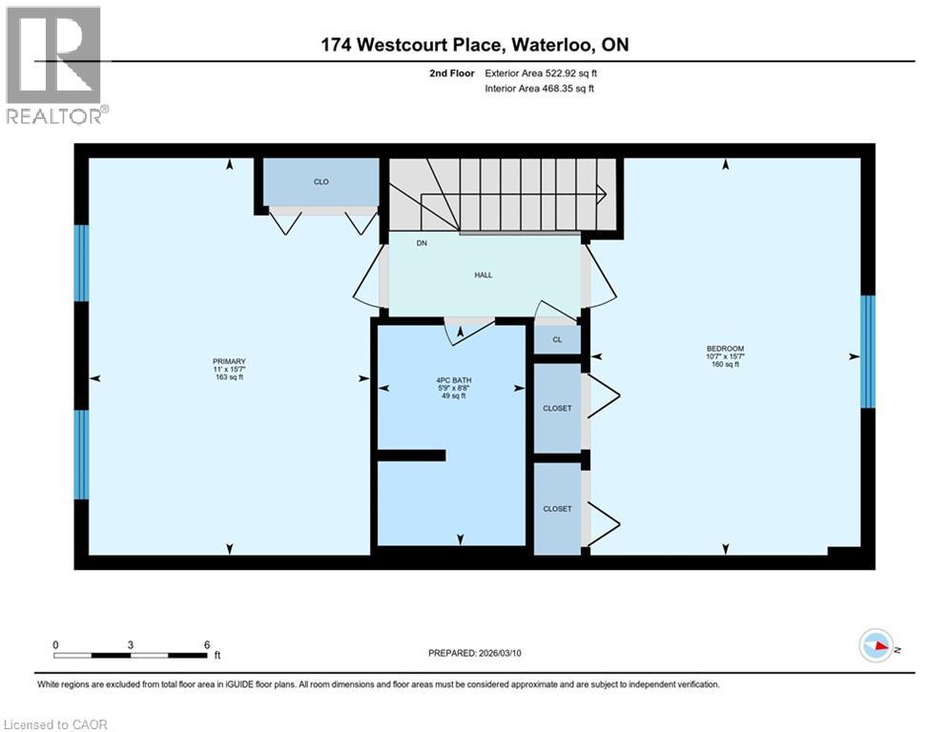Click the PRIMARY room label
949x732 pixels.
229,360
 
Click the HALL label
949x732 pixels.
484,274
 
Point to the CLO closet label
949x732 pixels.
321,181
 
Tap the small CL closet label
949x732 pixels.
557,338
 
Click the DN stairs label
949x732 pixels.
421,243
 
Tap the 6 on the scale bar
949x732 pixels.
207,644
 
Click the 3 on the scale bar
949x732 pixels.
130,644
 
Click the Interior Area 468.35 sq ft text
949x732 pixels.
538,89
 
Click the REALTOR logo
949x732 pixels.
54,63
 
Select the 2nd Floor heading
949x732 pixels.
452,72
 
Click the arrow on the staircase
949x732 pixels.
600,196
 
